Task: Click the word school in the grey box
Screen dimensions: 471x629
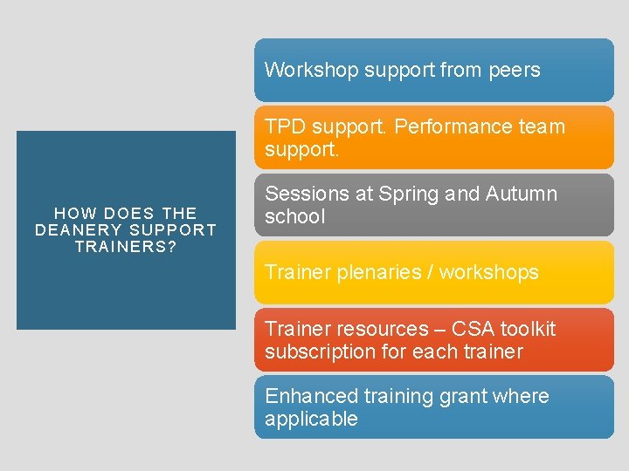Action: (x=294, y=217)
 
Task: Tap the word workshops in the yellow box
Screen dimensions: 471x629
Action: (x=494, y=272)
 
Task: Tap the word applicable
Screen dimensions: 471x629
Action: (x=311, y=419)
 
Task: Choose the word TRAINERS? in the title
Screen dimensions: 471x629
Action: (x=126, y=247)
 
